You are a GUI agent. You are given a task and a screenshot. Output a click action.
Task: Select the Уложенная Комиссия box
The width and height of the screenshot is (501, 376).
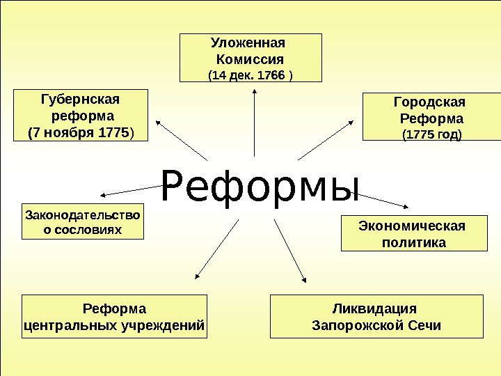pos(250,57)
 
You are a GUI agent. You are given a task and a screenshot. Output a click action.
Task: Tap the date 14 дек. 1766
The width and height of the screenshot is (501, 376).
pos(250,75)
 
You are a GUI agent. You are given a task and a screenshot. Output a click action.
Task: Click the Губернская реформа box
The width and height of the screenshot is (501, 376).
pos(81,114)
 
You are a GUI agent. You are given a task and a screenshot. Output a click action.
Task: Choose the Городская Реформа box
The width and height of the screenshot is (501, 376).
pos(431,118)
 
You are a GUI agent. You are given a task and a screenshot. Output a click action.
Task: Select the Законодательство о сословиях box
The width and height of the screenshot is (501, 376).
pos(82,221)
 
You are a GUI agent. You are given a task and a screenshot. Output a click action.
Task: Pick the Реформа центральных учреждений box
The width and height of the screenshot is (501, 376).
pos(115,316)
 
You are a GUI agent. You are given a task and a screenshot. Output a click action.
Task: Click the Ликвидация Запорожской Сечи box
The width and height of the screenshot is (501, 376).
pos(376,316)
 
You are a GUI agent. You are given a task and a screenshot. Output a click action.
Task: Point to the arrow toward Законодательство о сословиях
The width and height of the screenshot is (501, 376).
pos(132,190)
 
